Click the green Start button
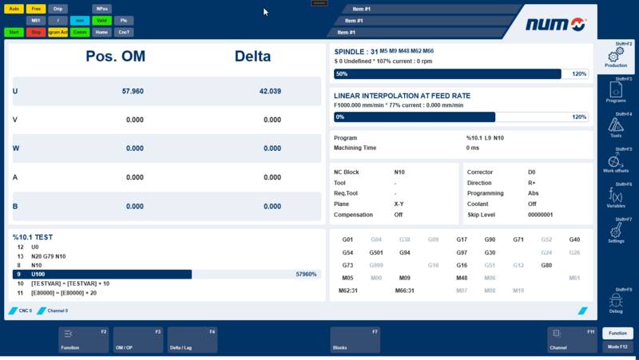pos(14,33)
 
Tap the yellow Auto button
pos(14,9)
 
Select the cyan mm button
pos(79,21)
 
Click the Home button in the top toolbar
pos(101,33)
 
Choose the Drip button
pos(58,9)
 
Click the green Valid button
pos(101,21)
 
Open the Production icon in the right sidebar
pos(616,57)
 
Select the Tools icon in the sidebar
pos(616,126)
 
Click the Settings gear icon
pos(616,231)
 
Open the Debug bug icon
pos(616,301)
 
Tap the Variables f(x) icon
pos(616,196)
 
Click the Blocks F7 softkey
pos(355,339)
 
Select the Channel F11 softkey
pos(572,339)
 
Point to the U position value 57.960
pos(133,91)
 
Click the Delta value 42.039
pos(270,91)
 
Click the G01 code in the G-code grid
pos(347,239)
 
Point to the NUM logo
pos(556,24)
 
